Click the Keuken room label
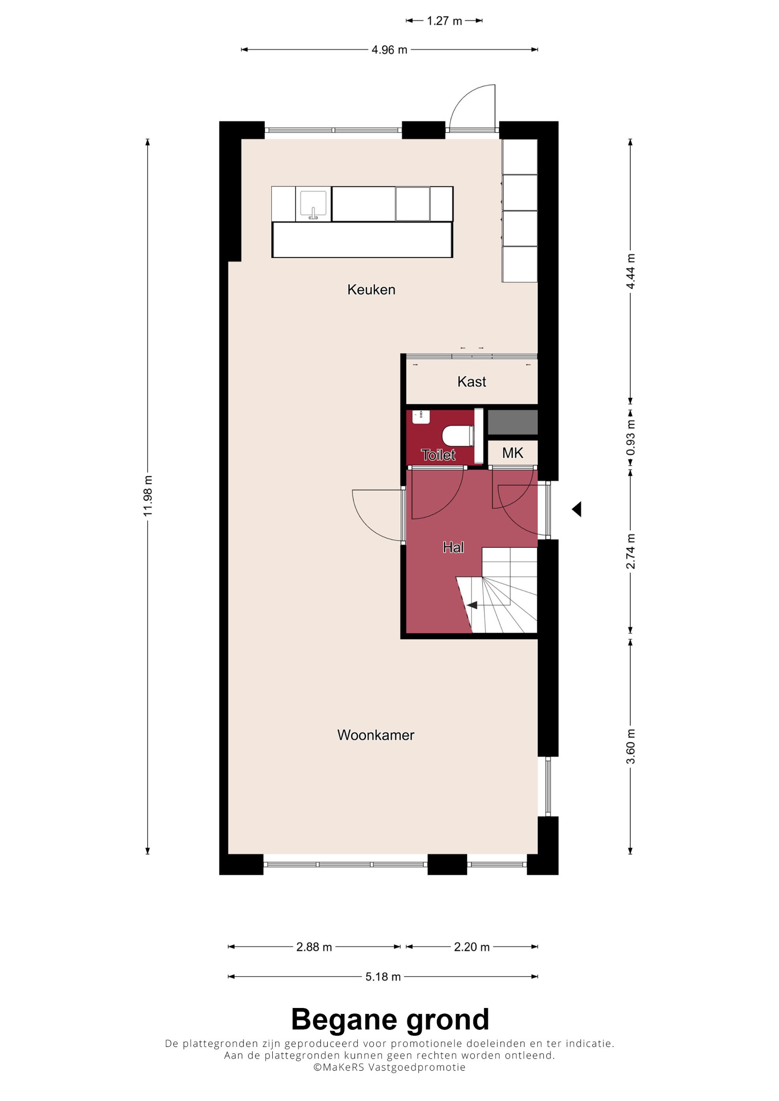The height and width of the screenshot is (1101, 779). point(371,289)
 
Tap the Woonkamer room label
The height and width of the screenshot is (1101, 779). point(375,735)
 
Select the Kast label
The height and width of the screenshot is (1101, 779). point(471,382)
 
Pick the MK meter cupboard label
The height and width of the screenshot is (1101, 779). point(512,453)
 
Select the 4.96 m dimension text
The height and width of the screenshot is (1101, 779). point(389,50)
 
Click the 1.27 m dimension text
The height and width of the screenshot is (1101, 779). point(444,21)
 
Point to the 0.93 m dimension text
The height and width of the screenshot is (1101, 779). point(630,438)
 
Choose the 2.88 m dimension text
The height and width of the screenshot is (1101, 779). point(314,947)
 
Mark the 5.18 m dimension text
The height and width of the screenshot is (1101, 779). point(383,977)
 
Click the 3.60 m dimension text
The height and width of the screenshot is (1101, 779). point(630,747)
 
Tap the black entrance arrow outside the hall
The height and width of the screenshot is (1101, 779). point(576,509)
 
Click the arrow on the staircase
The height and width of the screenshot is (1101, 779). point(472,605)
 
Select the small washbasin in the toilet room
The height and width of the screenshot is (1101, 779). point(421,417)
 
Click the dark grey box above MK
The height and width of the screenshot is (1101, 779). point(512,423)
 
